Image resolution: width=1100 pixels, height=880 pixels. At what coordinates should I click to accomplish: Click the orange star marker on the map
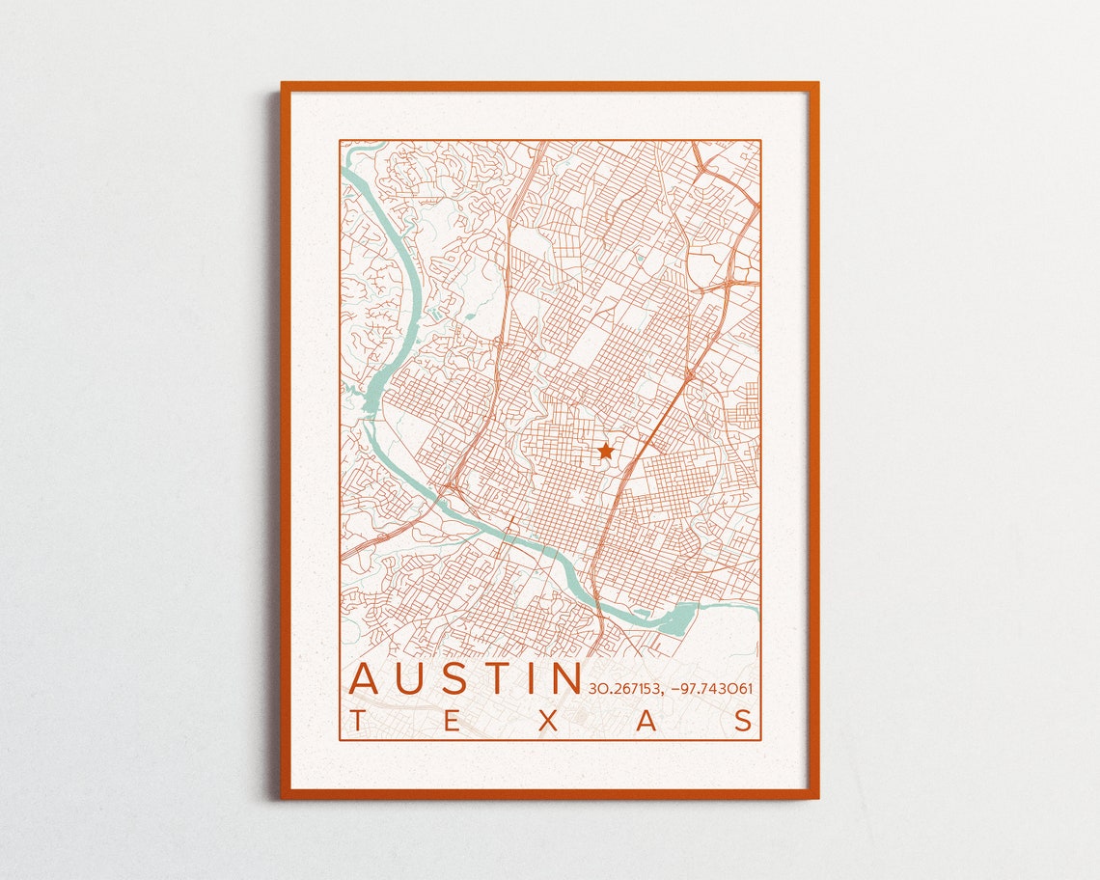(x=605, y=451)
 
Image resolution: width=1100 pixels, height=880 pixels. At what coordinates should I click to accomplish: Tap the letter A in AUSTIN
(x=366, y=678)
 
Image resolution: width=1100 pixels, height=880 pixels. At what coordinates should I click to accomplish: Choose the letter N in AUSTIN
(x=564, y=678)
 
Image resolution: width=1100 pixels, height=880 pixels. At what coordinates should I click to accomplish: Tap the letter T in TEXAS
(x=358, y=721)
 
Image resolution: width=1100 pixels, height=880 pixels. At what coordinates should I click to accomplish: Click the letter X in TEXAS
(x=550, y=721)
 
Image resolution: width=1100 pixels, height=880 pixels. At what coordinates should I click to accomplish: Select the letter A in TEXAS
(x=646, y=721)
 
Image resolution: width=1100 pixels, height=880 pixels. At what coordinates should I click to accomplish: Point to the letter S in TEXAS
(x=744, y=721)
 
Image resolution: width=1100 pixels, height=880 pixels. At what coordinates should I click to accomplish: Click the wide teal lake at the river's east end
(x=681, y=615)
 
